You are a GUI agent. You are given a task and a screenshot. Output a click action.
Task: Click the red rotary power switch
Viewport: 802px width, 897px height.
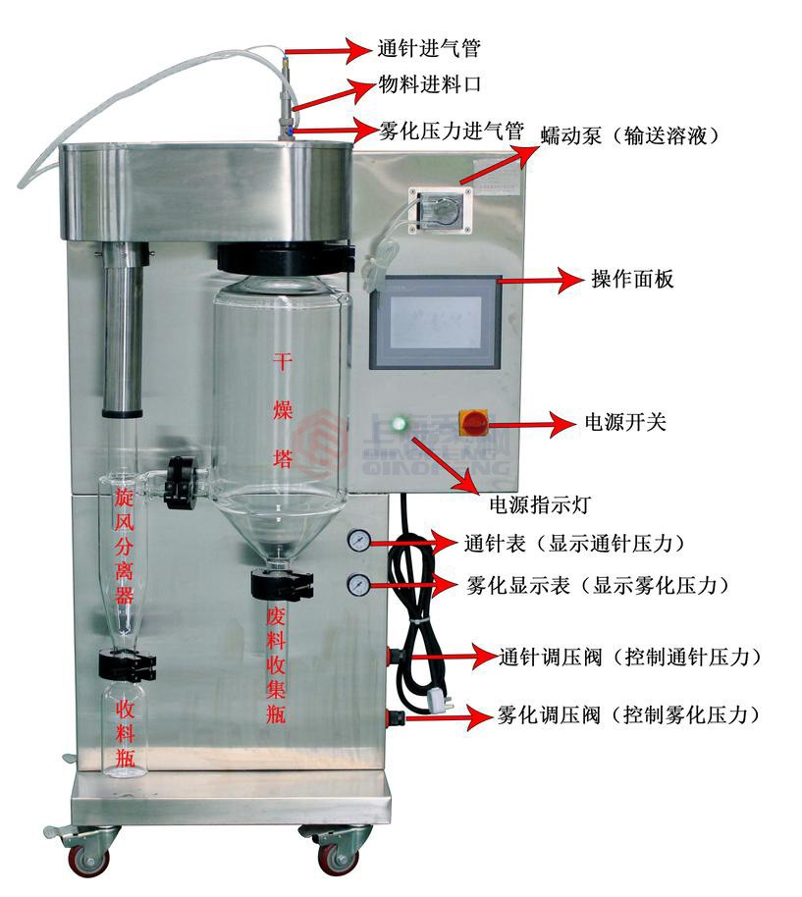[475, 424]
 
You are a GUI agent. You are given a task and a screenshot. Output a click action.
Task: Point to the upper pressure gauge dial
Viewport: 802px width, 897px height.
[358, 542]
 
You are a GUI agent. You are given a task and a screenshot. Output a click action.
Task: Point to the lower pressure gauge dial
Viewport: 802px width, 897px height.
[358, 585]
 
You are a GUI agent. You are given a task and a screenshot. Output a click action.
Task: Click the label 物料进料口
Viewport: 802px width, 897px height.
[429, 85]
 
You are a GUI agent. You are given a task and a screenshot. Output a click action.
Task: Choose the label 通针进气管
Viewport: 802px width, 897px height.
[429, 47]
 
